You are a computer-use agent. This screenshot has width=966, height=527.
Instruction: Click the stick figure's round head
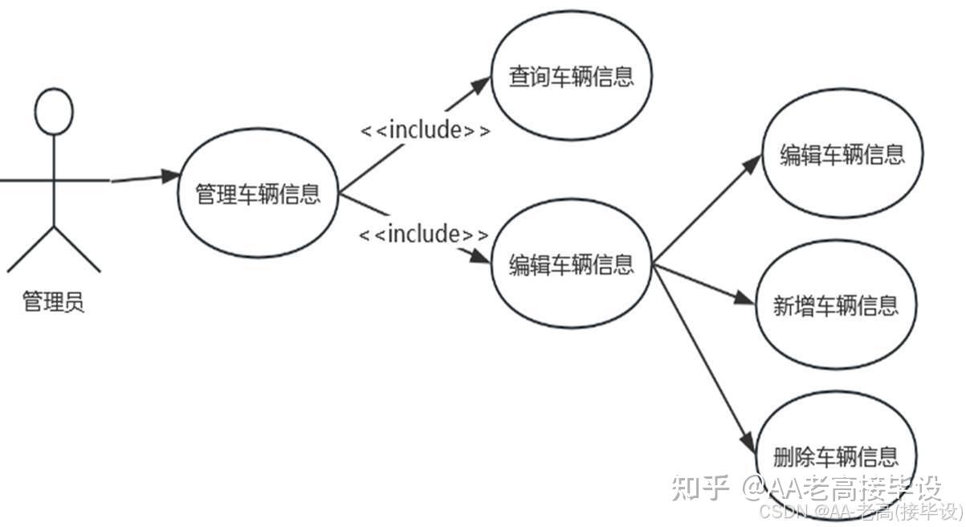click(54, 111)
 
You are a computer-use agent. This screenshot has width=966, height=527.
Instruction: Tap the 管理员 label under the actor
click(54, 303)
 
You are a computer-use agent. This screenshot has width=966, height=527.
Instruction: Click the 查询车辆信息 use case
click(571, 77)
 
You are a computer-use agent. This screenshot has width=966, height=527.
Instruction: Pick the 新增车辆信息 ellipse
click(836, 305)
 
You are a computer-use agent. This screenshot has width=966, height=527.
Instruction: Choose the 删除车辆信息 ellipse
click(835, 456)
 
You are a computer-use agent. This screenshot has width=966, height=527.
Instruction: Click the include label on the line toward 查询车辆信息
click(424, 130)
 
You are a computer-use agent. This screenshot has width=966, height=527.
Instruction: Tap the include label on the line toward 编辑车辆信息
click(423, 235)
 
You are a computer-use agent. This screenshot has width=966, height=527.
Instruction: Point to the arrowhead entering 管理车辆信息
click(169, 176)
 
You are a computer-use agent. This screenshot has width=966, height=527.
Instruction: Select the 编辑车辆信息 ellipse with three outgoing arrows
click(571, 264)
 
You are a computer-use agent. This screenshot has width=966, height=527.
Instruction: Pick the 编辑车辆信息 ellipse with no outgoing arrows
click(842, 155)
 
